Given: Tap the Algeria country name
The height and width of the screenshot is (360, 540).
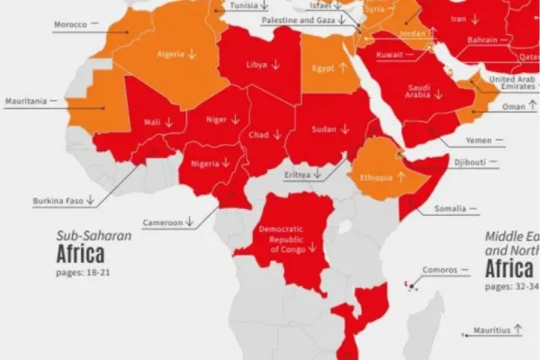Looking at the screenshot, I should (171, 53).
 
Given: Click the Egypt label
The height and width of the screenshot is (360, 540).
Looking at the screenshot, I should (323, 67).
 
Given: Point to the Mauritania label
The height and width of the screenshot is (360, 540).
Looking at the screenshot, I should (26, 101).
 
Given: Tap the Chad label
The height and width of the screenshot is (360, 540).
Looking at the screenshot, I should (259, 134).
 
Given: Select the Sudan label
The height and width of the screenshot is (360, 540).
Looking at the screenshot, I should (323, 129).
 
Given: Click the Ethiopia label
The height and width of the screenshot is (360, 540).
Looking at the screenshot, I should (375, 177).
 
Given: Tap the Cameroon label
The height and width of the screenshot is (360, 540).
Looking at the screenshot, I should (162, 222).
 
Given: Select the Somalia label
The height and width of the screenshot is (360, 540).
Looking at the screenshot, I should (450, 209).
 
